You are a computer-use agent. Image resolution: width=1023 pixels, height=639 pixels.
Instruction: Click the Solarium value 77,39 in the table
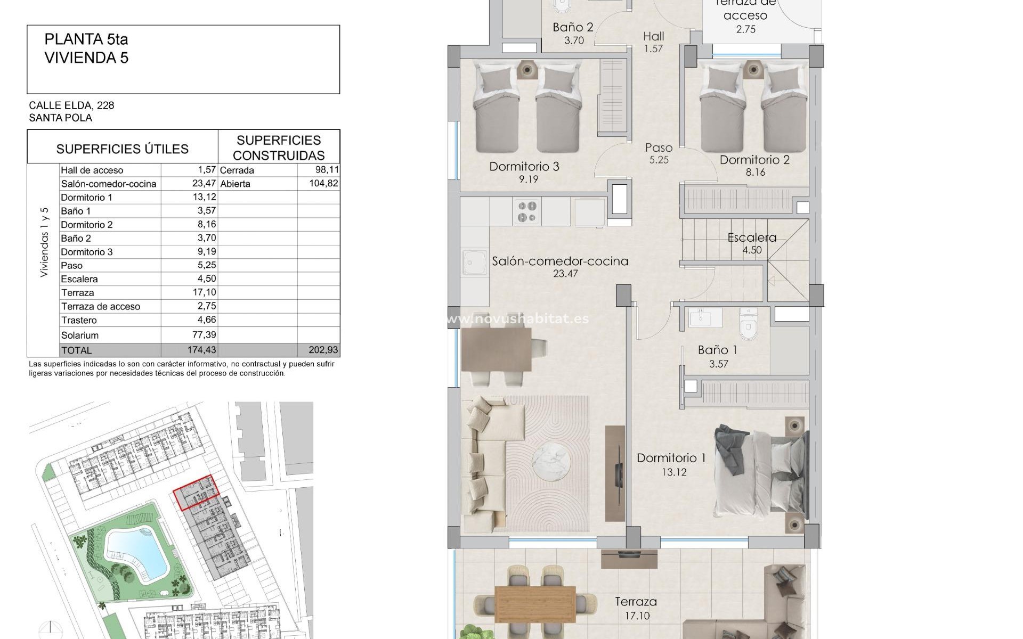coord(205,335)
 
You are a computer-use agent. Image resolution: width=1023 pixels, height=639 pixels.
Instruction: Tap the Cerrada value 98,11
coord(327,170)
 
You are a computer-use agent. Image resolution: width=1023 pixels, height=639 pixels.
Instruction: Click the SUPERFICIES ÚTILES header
coord(122,149)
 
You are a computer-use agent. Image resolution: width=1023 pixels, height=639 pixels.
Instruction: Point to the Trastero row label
coord(79,320)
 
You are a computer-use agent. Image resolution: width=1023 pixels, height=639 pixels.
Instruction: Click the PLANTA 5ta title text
coord(86,39)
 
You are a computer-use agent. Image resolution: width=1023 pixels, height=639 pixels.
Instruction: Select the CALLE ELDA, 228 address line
coord(71,105)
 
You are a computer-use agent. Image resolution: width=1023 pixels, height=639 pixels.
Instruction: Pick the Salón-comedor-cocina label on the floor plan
coord(560,261)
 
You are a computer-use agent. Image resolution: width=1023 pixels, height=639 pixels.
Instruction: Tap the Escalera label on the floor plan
coord(752,237)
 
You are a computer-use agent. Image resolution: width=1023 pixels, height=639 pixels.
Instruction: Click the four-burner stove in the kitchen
coord(527,211)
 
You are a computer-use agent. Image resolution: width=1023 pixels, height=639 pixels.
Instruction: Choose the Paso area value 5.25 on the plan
coord(659,160)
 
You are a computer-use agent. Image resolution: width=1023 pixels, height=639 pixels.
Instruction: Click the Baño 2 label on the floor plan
coord(573,27)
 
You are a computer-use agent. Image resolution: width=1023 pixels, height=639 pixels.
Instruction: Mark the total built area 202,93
coord(323,350)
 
